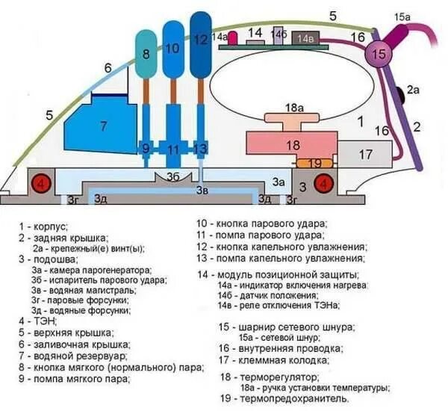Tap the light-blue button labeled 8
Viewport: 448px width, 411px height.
click(146, 55)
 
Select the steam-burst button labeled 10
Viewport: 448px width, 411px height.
click(173, 49)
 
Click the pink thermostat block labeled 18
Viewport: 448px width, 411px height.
click(292, 145)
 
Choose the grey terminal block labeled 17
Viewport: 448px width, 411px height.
click(365, 154)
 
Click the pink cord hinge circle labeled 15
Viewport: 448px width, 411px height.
click(379, 55)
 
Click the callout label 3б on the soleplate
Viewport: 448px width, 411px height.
click(172, 177)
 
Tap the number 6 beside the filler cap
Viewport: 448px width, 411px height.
click(108, 68)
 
